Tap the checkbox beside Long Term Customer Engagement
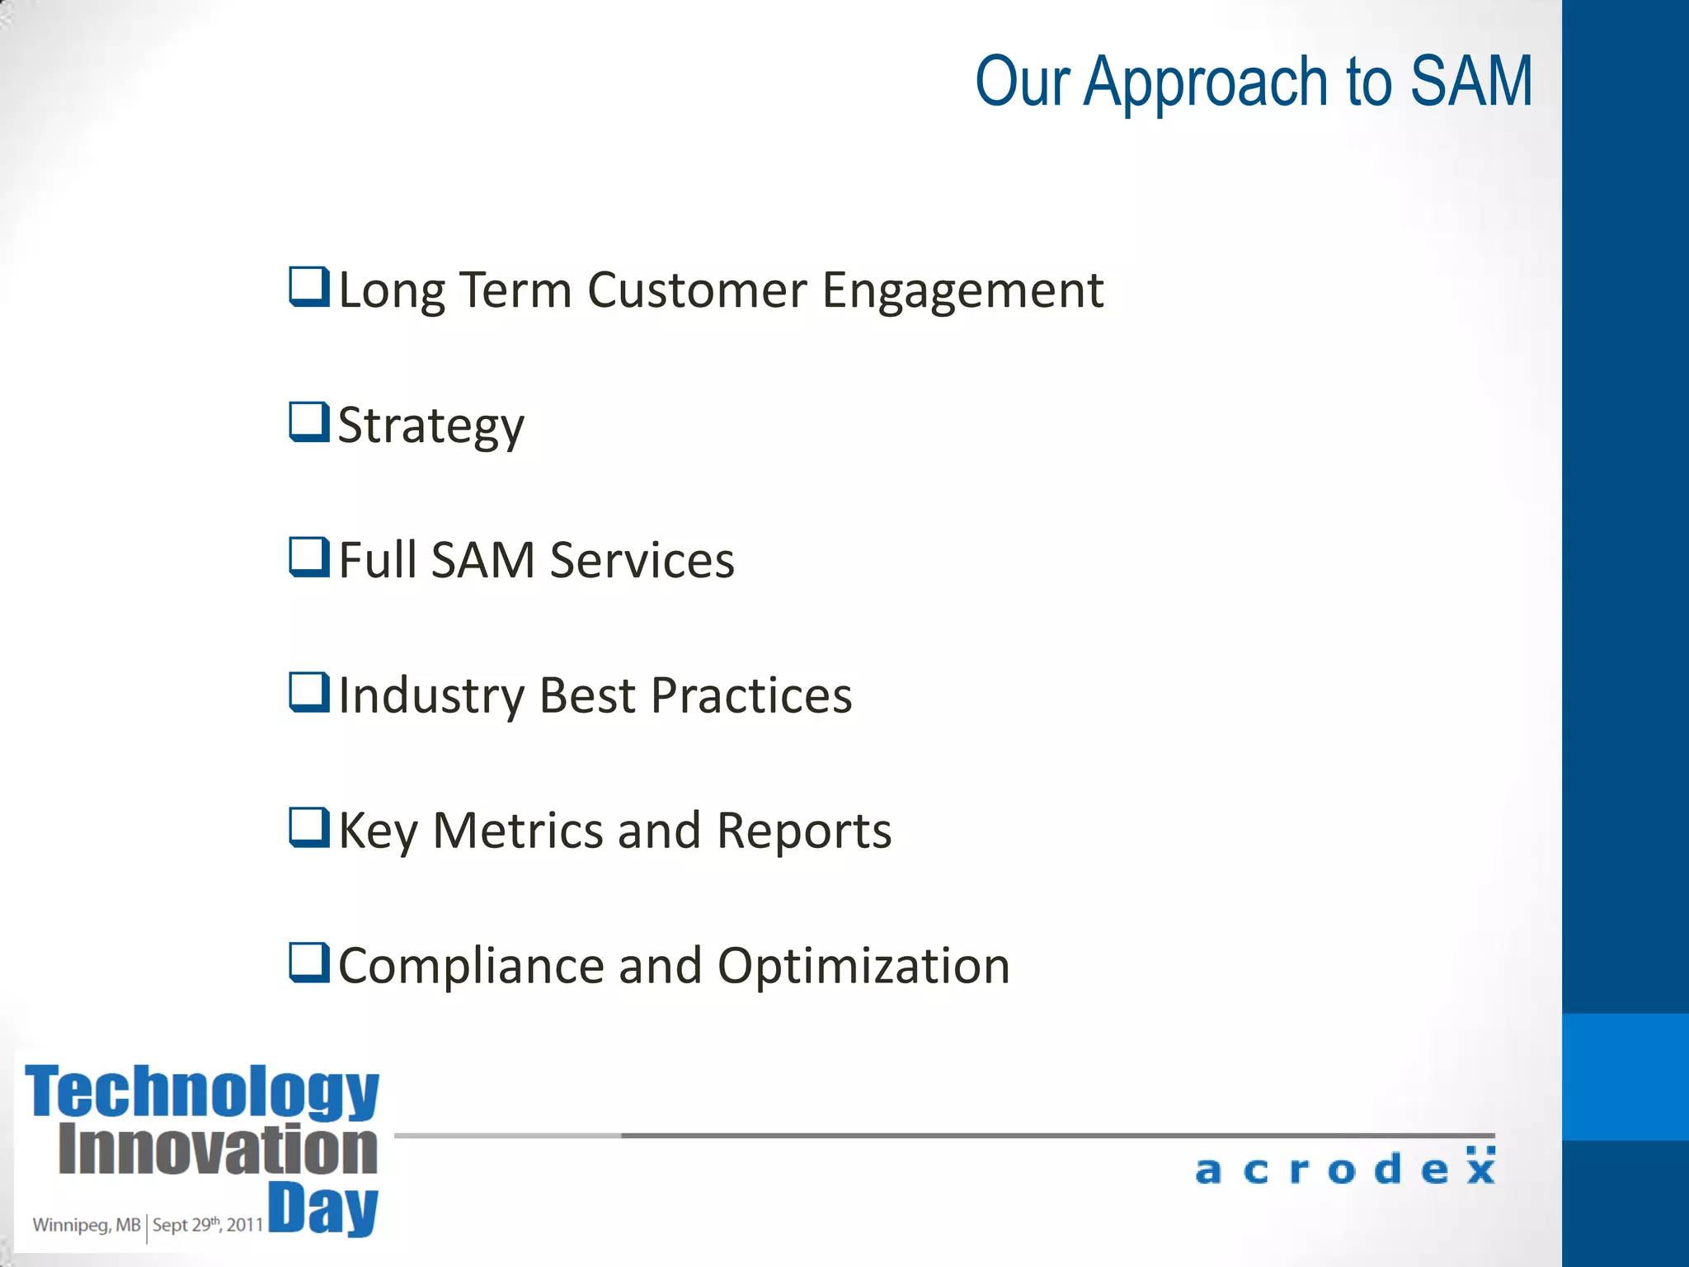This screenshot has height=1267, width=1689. point(309,287)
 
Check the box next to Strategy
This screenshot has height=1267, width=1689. point(309,422)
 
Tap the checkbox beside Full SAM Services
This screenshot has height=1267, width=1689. point(309,557)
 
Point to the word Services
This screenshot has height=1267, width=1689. point(642,561)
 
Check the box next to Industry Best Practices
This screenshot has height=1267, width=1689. point(309,692)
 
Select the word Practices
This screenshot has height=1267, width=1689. point(751,696)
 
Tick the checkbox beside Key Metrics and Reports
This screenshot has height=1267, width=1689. point(309,827)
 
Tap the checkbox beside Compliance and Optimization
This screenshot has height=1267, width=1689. point(309,963)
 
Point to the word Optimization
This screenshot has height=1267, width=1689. point(863,967)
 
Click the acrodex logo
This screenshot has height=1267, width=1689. point(1345,1168)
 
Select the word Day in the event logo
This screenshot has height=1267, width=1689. point(323,1208)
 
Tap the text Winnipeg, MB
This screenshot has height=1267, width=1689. point(87,1225)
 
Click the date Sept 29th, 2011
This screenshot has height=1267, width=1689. point(208,1225)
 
